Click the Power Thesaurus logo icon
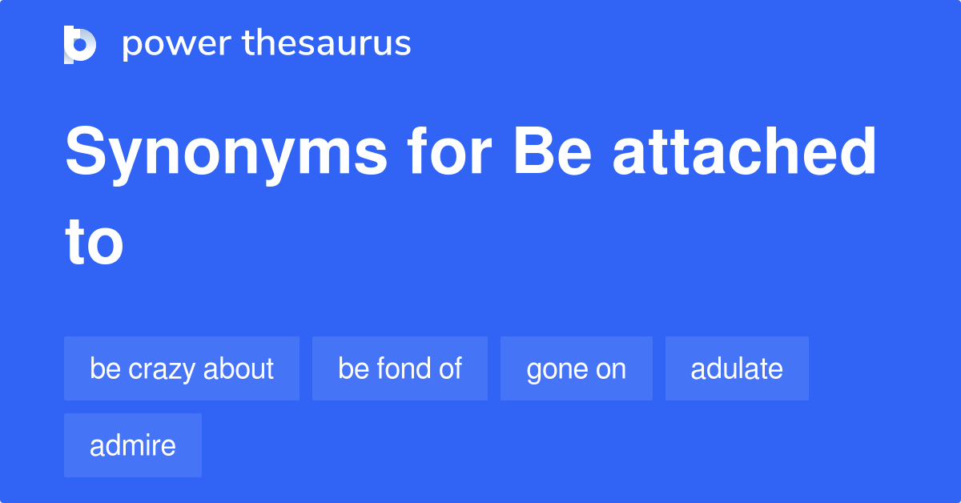(x=80, y=44)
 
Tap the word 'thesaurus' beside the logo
(x=327, y=44)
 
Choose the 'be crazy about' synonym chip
(x=182, y=368)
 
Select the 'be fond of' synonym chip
(x=400, y=368)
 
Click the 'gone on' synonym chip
(x=577, y=368)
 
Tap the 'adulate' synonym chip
(x=737, y=368)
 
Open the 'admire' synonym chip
(x=133, y=445)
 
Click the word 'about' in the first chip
(x=239, y=368)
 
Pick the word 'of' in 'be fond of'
(x=451, y=368)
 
